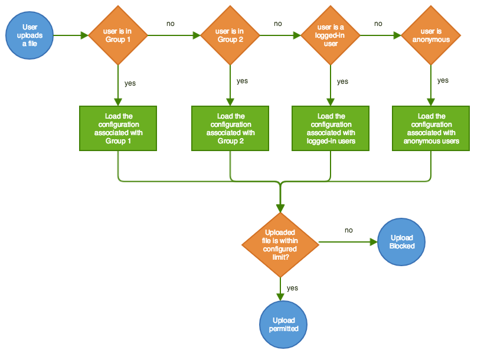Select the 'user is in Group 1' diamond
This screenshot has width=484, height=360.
(118, 35)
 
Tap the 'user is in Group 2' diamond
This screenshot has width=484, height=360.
(230, 35)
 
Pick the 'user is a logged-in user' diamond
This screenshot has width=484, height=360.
(330, 35)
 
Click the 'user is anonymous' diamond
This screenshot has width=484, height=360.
(430, 35)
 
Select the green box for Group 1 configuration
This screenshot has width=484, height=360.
(118, 129)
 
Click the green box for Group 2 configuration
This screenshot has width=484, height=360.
(230, 129)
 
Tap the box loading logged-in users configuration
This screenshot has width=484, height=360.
(330, 129)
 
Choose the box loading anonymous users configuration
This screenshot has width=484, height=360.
(430, 129)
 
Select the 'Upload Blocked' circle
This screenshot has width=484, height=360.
(401, 242)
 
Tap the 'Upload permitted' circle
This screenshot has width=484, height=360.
(283, 325)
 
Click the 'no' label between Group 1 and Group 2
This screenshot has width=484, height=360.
(171, 24)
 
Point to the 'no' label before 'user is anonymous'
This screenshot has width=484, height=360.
(378, 24)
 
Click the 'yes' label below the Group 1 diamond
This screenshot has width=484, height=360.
(130, 83)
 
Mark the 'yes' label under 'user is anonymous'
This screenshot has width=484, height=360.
(443, 80)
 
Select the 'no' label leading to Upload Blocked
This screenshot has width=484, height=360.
(349, 230)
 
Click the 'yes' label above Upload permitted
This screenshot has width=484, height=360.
(292, 288)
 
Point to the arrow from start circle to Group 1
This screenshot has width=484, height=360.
(71, 35)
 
